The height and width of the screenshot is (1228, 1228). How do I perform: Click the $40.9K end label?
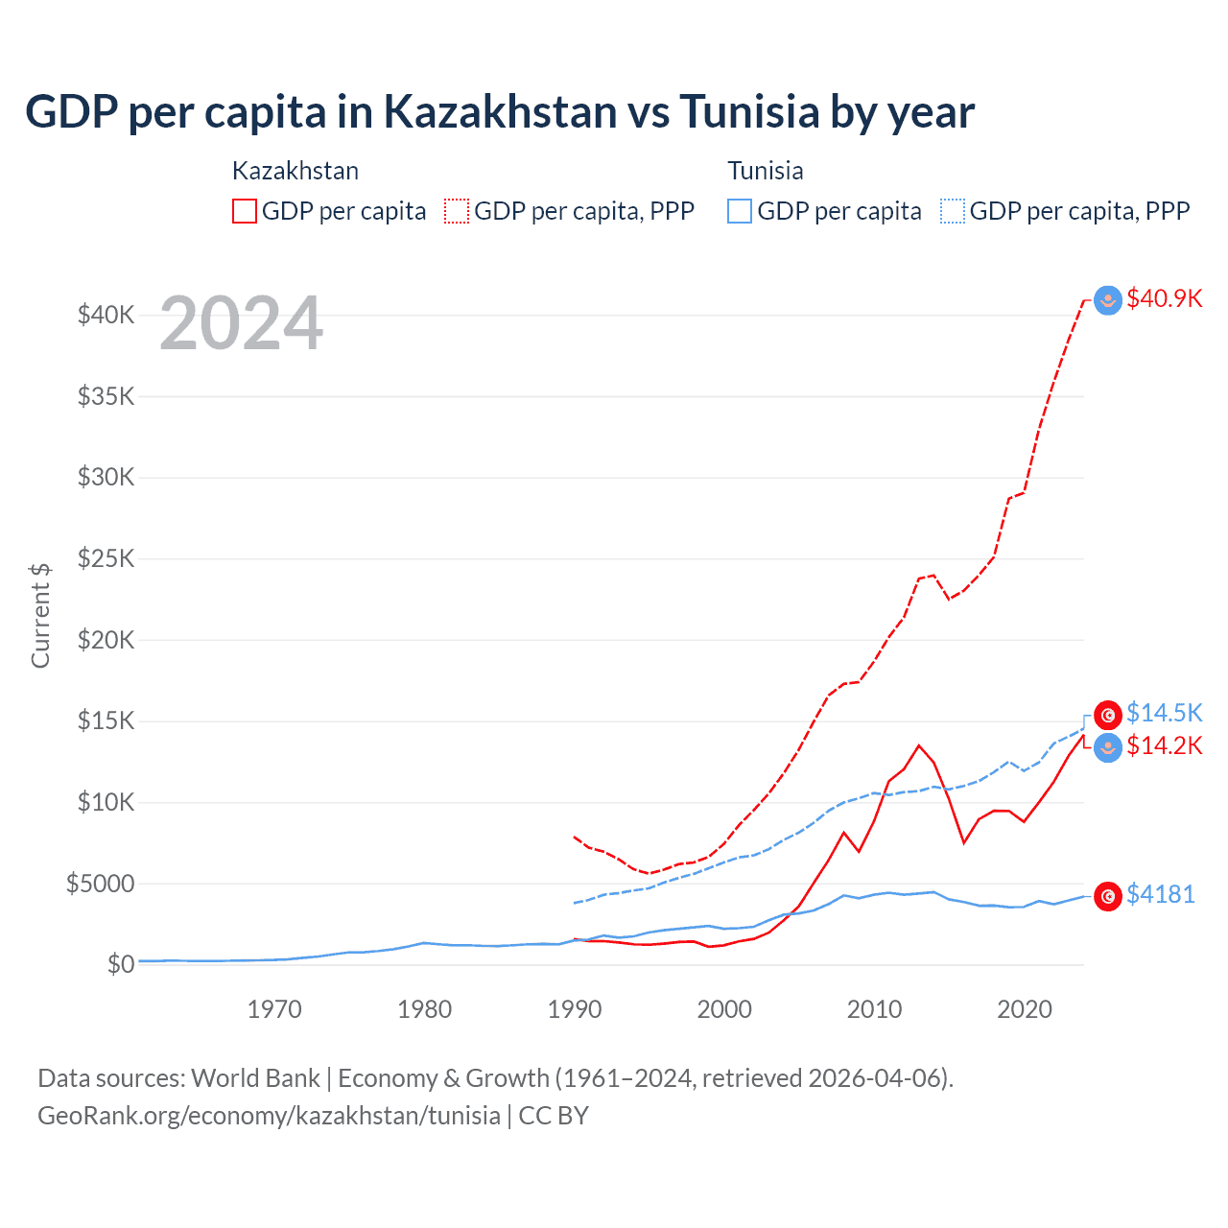[x=1164, y=298]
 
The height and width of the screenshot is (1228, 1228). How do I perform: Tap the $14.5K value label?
[x=1164, y=713]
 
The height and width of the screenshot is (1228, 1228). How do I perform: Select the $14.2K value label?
[x=1164, y=745]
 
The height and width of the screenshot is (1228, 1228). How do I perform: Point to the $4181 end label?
[x=1160, y=894]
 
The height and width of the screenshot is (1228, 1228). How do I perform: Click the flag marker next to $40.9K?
[x=1108, y=300]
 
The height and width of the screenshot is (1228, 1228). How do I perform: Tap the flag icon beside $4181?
[x=1108, y=896]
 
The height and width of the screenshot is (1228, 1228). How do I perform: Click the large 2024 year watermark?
[x=241, y=323]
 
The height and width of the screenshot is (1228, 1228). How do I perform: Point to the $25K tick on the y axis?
[x=106, y=558]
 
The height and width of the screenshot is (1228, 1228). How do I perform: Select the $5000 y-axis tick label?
[x=100, y=884]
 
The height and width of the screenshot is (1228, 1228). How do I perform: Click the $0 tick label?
[x=120, y=964]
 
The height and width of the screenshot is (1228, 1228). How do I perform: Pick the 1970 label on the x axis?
[x=274, y=1009]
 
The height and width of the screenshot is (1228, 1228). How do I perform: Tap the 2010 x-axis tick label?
[x=874, y=1009]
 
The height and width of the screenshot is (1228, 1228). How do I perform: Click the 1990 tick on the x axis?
[x=575, y=1009]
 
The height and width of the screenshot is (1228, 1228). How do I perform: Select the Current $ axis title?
[x=40, y=616]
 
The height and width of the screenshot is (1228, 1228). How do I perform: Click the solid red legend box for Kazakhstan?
[x=245, y=211]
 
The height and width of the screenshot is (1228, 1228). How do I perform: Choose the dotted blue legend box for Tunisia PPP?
[x=953, y=211]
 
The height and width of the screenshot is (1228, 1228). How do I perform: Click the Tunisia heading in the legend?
[x=765, y=171]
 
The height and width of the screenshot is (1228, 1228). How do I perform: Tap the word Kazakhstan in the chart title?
[x=501, y=111]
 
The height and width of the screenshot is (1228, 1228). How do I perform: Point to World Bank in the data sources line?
[x=255, y=1078]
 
